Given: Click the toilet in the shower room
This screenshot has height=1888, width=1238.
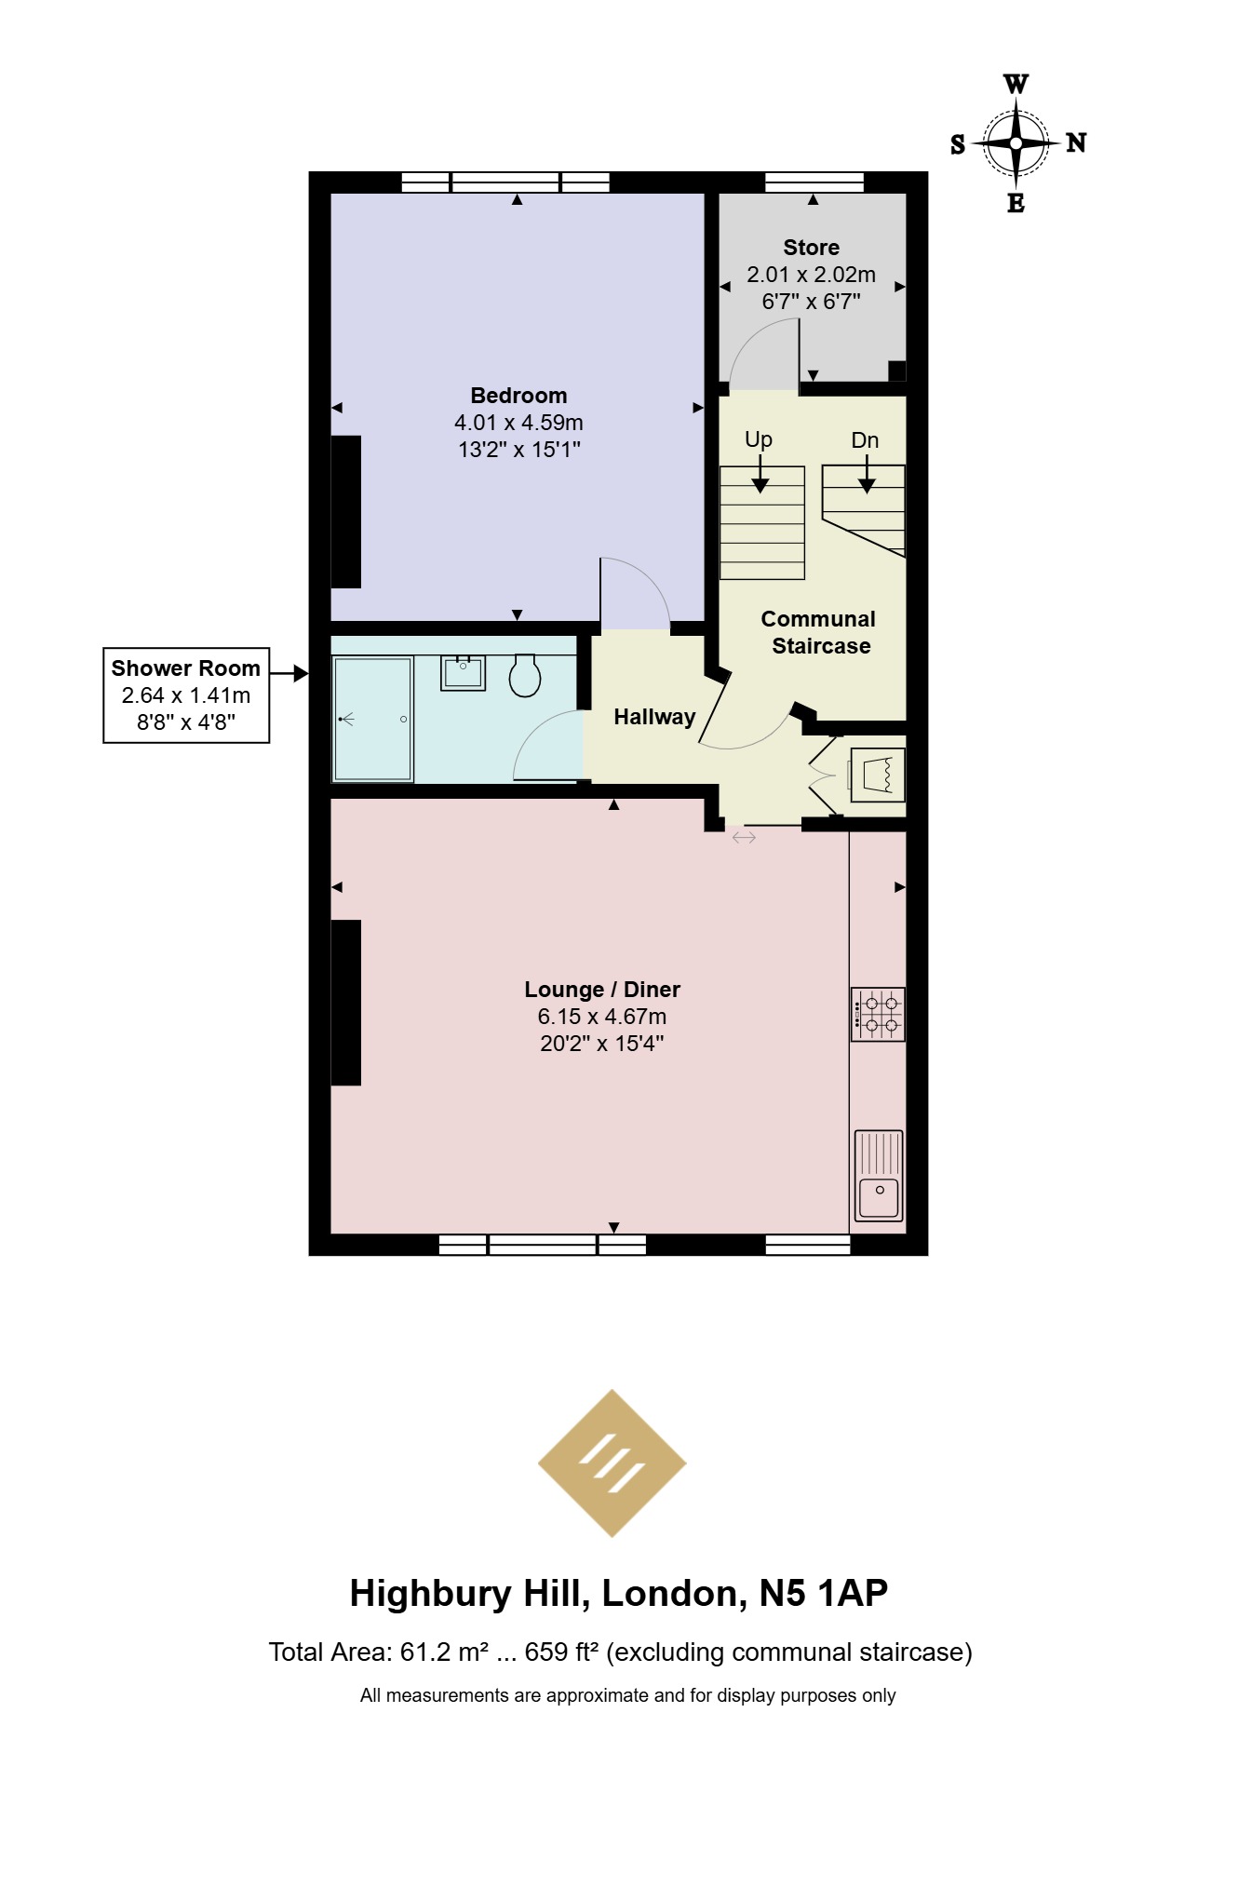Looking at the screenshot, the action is click(525, 675).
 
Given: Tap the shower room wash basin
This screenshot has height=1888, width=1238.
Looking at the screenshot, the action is click(463, 672).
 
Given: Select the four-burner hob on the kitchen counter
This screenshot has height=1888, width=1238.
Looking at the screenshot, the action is click(878, 1014).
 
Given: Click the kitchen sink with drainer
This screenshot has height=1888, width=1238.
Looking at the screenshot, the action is click(879, 1175).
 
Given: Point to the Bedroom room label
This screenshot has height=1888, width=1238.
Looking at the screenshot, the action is click(518, 396).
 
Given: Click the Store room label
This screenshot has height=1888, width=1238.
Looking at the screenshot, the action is click(811, 248).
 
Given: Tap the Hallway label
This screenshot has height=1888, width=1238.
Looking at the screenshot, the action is click(654, 717).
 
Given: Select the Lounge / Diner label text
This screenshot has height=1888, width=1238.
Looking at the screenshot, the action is click(602, 990).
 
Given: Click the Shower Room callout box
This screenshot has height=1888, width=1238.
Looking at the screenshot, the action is click(186, 695).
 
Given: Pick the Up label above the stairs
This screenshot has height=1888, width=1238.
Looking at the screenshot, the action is click(759, 439).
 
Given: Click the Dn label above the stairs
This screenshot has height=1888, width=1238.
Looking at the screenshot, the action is click(865, 440).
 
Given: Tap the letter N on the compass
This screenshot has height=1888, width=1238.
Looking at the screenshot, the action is click(1076, 142).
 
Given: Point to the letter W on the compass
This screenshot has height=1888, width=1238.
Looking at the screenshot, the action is click(1016, 84).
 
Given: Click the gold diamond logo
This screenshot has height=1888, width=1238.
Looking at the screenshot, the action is click(612, 1463).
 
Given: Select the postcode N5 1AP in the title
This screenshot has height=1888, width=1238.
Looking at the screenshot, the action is click(823, 1593).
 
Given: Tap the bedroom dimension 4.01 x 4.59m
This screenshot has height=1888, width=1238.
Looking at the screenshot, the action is click(518, 423).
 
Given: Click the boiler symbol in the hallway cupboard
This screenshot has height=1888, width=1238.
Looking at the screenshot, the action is click(876, 775).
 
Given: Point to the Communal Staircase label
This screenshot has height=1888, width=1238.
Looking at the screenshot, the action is click(819, 632).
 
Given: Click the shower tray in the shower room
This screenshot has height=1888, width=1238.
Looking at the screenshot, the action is click(373, 719).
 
